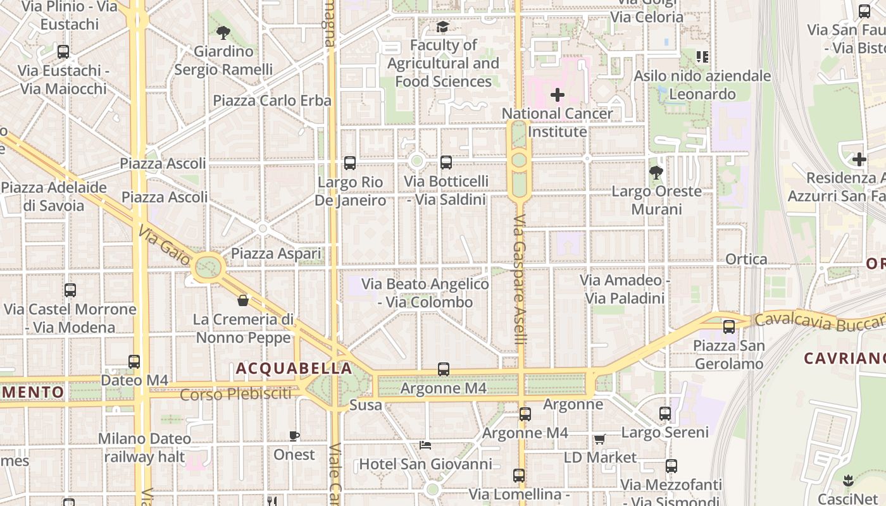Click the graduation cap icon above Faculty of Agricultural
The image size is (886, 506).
[x=442, y=27]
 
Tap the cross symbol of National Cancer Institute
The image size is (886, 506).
[x=558, y=95]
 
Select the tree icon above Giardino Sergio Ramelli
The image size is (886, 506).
[x=223, y=32]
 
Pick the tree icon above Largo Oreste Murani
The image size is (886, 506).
[x=656, y=171]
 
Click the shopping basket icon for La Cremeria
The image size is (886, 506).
[x=243, y=300]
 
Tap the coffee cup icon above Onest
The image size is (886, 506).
[x=294, y=436]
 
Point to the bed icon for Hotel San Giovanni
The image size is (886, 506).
[x=425, y=445]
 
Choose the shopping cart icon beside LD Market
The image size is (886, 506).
[x=599, y=439]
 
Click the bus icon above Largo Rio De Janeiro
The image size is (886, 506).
[x=350, y=163]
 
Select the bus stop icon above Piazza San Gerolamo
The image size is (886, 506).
[x=729, y=326]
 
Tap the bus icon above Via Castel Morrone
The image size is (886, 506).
[x=70, y=290]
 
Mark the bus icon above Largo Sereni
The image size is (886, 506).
[x=665, y=414]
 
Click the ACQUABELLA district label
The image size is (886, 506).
[x=294, y=368]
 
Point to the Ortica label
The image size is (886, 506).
[x=746, y=259]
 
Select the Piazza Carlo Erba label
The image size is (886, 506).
[x=272, y=101]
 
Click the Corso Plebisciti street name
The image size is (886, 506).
[x=236, y=394]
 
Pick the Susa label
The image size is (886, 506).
[x=366, y=405]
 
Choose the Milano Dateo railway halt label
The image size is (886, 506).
[x=144, y=447]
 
